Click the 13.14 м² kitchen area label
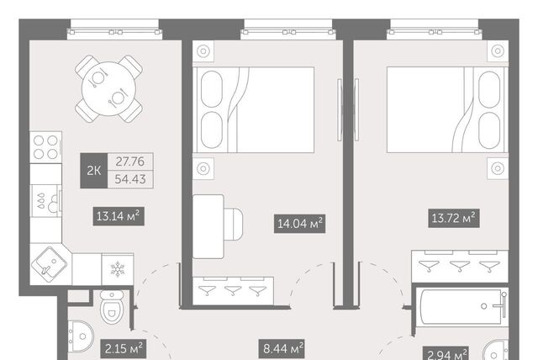[x=119, y=216]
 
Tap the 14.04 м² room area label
[x=299, y=224]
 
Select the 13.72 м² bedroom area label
[x=454, y=218]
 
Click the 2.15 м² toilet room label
[x=124, y=349]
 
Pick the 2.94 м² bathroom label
[x=446, y=353]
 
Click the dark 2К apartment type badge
[x=93, y=171]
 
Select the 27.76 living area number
[x=130, y=161]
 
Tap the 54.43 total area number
[x=130, y=179]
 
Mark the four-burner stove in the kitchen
[x=45, y=147]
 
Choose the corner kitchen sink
[x=49, y=265]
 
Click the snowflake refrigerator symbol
[x=118, y=269]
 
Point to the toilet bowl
[x=112, y=307]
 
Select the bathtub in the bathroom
[x=462, y=306]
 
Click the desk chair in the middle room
[x=234, y=224]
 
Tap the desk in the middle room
[x=208, y=226]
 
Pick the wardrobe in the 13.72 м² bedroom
[x=460, y=267]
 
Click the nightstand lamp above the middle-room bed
[x=203, y=51]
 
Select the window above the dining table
[x=114, y=29]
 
